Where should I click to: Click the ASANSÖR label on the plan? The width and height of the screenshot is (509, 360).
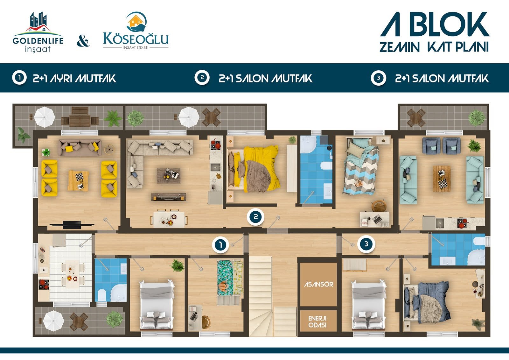click(318, 284)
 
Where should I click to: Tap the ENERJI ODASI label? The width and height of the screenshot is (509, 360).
click(317, 321)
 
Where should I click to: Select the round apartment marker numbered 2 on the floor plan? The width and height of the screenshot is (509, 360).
click(256, 217)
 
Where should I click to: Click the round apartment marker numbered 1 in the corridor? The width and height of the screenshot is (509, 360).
click(221, 245)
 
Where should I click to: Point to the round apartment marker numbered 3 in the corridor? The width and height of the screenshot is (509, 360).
click(366, 244)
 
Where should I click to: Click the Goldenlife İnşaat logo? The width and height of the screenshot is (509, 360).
click(38, 32)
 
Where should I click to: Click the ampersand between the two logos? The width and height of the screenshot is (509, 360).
click(83, 41)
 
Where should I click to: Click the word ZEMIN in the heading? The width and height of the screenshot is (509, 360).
click(400, 47)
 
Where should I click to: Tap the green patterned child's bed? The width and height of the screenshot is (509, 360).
click(230, 278)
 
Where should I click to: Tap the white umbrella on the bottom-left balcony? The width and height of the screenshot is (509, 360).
click(54, 321)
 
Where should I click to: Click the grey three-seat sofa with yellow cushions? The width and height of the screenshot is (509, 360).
click(80, 148)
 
